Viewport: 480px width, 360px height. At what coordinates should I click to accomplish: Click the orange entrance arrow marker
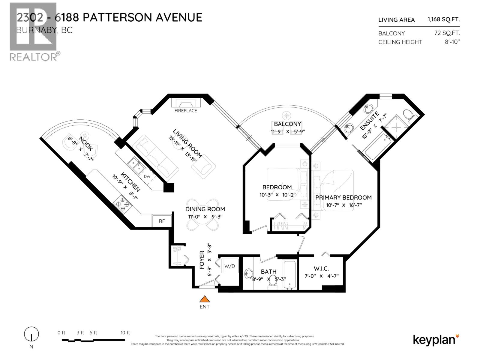click(x=205, y=299)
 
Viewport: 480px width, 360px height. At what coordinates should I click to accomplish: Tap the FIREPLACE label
click(x=186, y=111)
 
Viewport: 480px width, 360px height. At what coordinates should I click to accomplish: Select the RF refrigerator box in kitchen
click(x=162, y=221)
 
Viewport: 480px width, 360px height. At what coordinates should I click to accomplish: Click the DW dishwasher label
click(x=147, y=176)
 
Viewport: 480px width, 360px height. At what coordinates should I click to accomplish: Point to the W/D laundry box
click(x=230, y=266)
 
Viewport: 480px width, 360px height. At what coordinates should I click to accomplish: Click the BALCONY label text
click(x=287, y=124)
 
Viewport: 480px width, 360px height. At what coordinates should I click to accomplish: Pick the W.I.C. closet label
click(x=321, y=268)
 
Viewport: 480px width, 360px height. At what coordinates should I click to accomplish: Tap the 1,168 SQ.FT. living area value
click(x=443, y=19)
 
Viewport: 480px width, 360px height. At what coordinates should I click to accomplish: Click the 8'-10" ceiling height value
click(x=452, y=42)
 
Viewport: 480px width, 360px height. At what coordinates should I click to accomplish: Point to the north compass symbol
click(x=31, y=334)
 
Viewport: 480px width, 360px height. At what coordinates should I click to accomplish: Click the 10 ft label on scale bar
click(x=125, y=332)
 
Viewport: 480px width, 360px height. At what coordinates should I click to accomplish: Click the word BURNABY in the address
click(x=35, y=30)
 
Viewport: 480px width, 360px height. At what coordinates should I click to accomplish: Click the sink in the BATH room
click(x=249, y=274)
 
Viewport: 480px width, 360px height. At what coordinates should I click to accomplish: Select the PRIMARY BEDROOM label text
click(x=343, y=197)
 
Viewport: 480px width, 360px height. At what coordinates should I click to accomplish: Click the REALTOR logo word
click(x=33, y=57)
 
